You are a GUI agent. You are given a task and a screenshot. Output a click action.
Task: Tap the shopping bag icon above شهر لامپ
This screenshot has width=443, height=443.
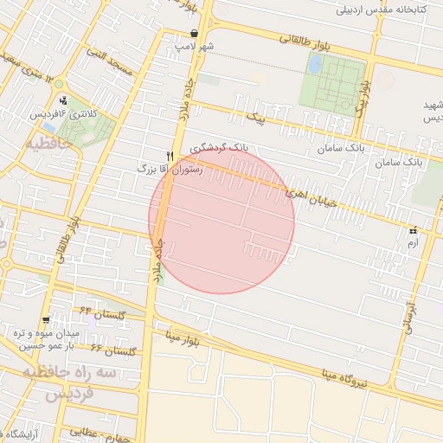194,33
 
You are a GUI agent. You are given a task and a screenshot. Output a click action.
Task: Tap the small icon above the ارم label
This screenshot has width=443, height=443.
413,230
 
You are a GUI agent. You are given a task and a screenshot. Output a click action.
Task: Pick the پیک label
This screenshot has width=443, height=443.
254,113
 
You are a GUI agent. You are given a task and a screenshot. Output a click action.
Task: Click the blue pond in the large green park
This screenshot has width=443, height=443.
315,64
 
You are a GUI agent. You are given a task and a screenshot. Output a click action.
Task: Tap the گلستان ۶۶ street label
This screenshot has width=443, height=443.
115,350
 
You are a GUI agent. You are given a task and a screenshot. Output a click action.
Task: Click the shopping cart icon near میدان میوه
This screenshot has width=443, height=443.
46,319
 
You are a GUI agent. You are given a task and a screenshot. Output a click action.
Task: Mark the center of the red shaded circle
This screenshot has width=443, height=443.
221,220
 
